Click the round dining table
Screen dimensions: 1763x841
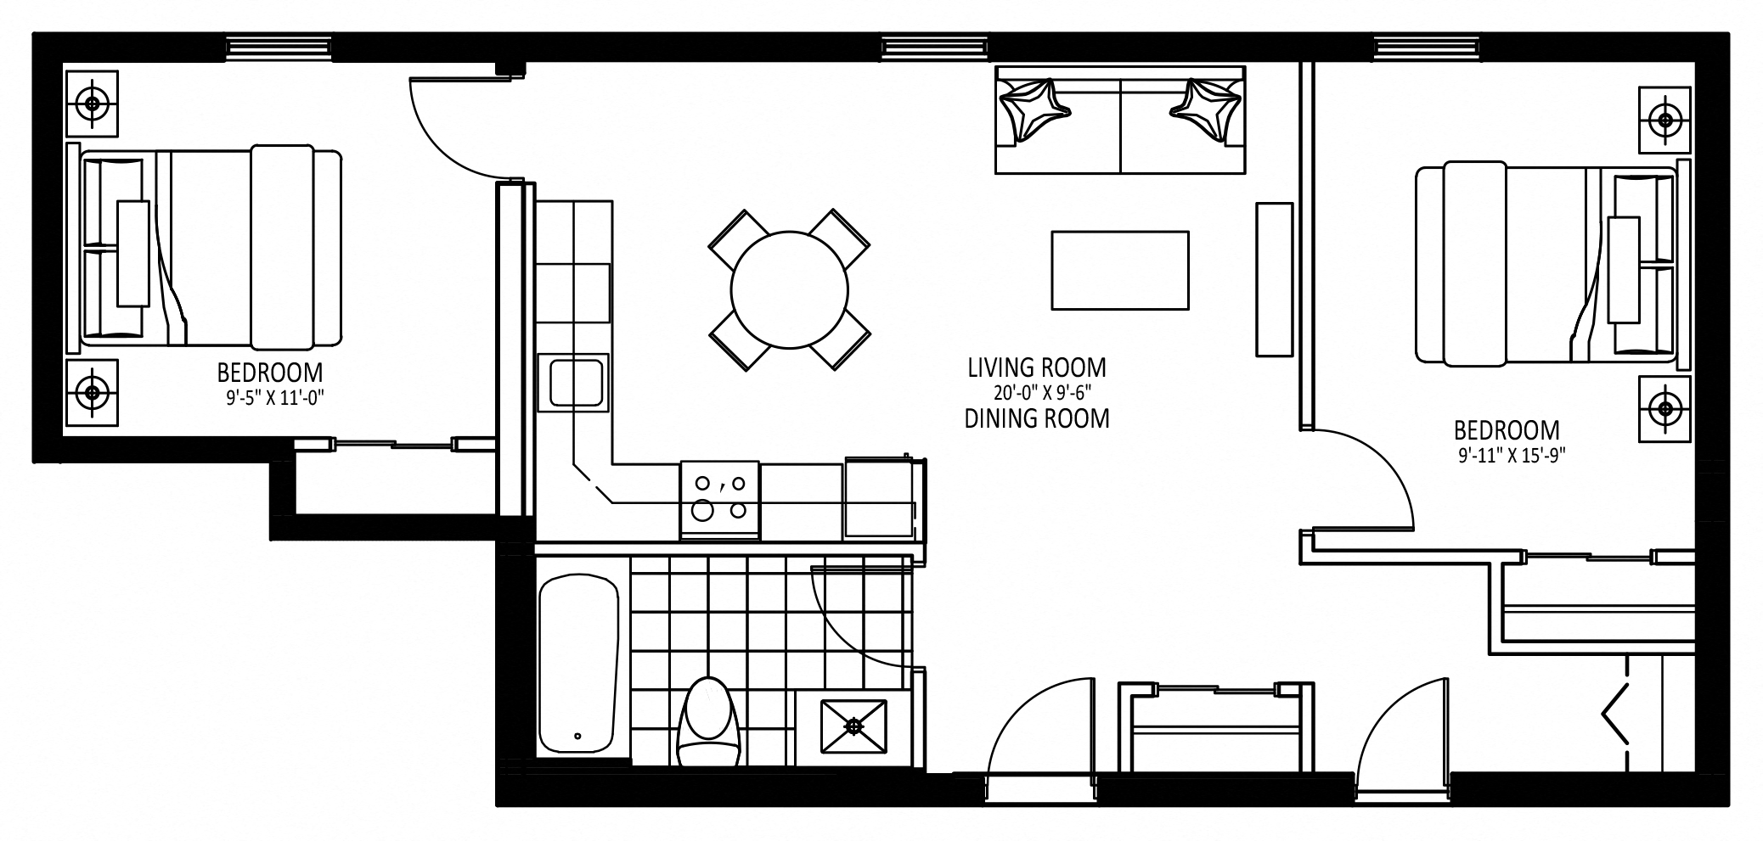[789, 289]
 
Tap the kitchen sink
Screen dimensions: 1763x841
[576, 383]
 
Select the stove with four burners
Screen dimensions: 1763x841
[719, 500]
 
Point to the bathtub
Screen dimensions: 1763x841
[578, 664]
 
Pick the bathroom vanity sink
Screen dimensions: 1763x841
[853, 726]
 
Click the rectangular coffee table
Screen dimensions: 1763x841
[1119, 270]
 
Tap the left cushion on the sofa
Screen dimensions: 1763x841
[1034, 109]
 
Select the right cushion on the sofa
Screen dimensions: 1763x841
[1205, 109]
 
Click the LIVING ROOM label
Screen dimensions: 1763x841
[1037, 367]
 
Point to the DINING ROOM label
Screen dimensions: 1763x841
[1037, 418]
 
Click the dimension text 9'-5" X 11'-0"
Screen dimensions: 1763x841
[276, 397]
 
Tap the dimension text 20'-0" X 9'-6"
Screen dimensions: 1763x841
[1041, 393]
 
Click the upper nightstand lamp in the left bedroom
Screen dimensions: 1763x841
[92, 104]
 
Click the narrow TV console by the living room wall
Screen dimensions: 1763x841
[1274, 279]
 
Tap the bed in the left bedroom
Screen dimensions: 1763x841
[204, 248]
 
